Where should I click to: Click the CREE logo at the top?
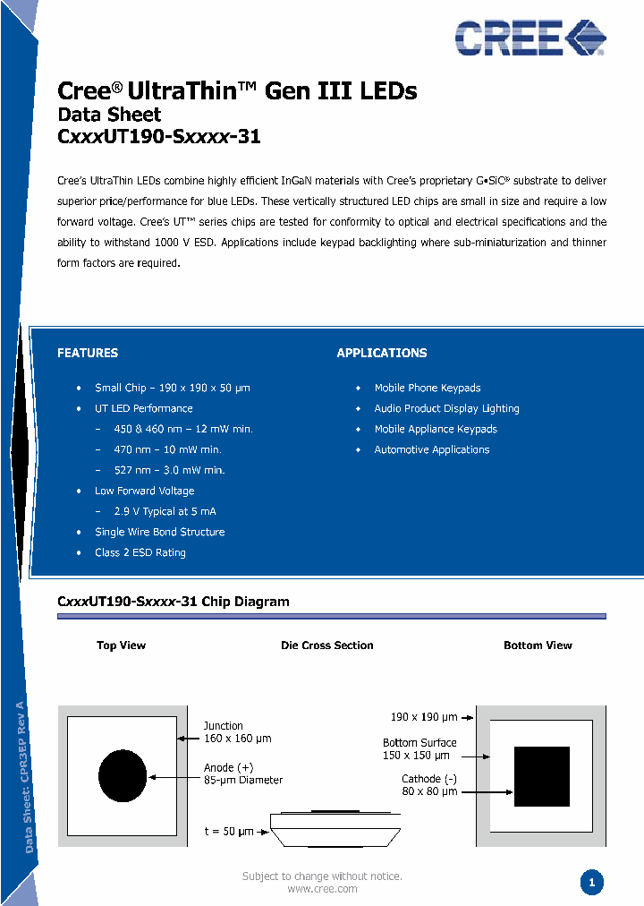click(x=530, y=38)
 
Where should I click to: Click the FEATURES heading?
click(x=88, y=353)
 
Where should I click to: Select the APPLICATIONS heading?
click(x=382, y=353)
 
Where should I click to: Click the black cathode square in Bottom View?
click(x=541, y=776)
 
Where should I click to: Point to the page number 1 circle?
click(x=591, y=883)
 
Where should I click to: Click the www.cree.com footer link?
click(x=322, y=889)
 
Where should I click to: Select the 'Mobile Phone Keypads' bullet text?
click(x=428, y=388)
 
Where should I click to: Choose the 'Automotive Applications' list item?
click(x=432, y=449)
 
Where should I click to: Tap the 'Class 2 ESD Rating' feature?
click(x=140, y=552)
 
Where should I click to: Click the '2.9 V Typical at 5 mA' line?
click(x=165, y=511)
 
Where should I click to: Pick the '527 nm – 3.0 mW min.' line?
click(x=169, y=470)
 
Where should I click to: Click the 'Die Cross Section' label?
click(x=327, y=645)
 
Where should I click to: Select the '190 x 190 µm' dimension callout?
click(x=424, y=717)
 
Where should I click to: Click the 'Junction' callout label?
click(x=223, y=726)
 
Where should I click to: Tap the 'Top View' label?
click(x=121, y=645)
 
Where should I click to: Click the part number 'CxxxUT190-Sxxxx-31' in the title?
click(x=158, y=137)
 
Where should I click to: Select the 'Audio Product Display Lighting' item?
click(x=446, y=408)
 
